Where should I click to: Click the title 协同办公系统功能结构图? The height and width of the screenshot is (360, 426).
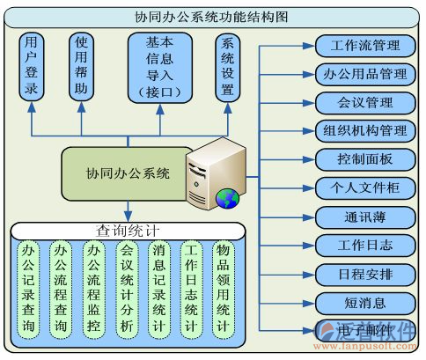[x=212, y=16]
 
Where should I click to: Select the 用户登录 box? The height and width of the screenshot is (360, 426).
[x=32, y=66]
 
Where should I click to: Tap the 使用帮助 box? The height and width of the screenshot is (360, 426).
[x=81, y=66]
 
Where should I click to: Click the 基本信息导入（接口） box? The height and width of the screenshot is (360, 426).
[x=159, y=66]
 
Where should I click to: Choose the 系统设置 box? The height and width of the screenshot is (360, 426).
[x=227, y=66]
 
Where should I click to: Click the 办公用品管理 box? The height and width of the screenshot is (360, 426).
[x=364, y=74]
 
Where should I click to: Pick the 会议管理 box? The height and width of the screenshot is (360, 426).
[x=364, y=103]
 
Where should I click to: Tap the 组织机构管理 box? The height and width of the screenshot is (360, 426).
[x=364, y=131]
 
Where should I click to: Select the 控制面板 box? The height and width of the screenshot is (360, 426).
[x=364, y=159]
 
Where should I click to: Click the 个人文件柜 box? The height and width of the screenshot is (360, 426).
[x=364, y=187]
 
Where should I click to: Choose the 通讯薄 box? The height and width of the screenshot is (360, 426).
[x=364, y=217]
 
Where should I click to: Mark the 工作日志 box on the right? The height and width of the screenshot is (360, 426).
[x=364, y=245]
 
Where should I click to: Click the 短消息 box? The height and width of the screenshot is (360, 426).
[x=364, y=302]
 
